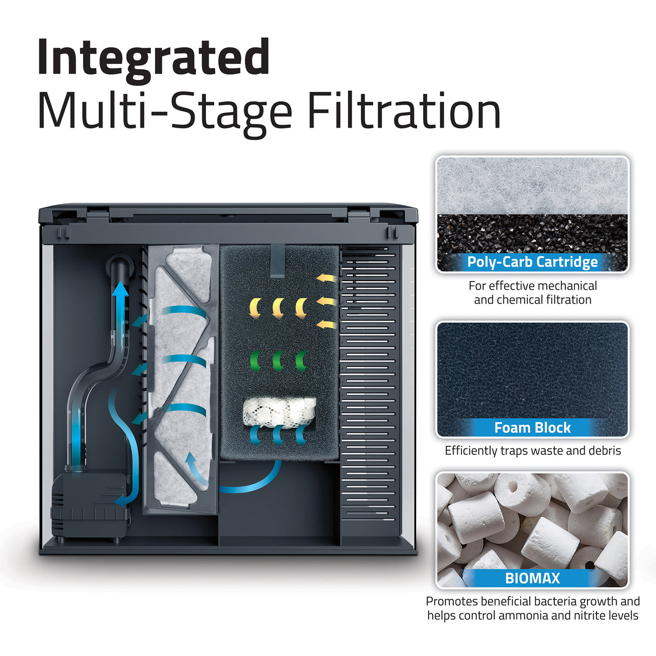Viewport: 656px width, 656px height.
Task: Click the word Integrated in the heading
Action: (153, 58)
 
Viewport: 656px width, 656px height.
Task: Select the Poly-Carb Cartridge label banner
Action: (532, 262)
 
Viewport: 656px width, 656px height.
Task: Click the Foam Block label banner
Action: (532, 428)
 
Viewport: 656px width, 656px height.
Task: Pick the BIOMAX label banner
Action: (532, 578)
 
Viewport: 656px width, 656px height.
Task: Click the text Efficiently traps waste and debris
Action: (532, 451)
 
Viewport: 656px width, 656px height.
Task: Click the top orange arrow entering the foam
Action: (325, 279)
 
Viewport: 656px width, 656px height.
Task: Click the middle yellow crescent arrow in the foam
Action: (278, 307)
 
